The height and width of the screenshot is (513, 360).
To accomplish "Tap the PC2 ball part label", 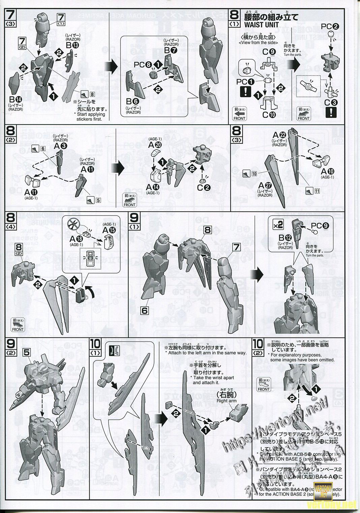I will [328, 27].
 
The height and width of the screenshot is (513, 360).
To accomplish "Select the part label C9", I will [270, 52].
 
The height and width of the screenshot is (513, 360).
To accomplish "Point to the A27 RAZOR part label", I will [264, 186].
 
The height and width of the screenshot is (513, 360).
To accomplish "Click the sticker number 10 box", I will [254, 173].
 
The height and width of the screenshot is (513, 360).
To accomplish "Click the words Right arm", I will [227, 401].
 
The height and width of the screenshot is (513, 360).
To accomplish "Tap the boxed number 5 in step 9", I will [27, 352].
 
